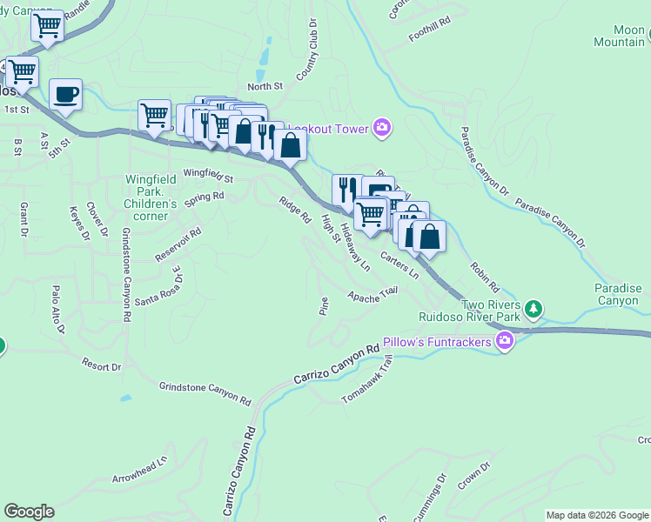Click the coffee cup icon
65,94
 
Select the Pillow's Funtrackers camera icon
504,340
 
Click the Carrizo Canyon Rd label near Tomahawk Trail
338,363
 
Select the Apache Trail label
372,296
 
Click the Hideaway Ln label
355,247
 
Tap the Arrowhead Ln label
138,471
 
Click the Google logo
29,512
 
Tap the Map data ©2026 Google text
597,515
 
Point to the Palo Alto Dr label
58,309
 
